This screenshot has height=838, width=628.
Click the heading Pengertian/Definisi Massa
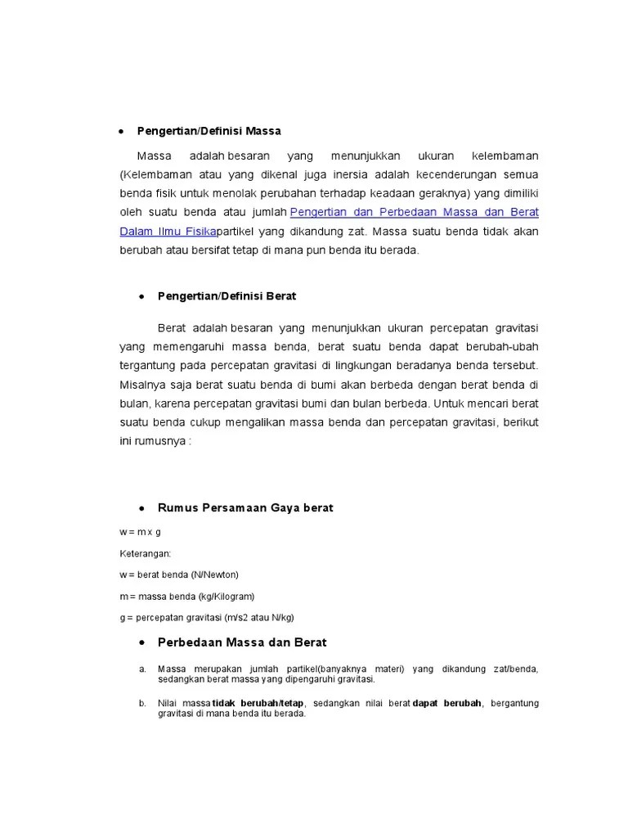(x=219, y=131)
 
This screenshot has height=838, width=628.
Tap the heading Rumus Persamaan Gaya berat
(x=245, y=508)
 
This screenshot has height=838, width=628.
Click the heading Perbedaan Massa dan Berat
(x=242, y=643)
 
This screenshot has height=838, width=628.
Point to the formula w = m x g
(x=140, y=532)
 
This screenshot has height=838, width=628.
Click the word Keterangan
(x=146, y=553)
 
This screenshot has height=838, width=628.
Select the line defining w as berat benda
(x=178, y=574)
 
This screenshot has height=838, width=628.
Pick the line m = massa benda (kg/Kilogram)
(x=187, y=597)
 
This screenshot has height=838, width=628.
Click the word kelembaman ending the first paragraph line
(x=506, y=155)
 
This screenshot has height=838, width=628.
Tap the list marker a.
(x=141, y=669)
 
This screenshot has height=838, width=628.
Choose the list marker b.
(x=141, y=703)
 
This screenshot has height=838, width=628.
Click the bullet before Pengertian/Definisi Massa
(x=121, y=131)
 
